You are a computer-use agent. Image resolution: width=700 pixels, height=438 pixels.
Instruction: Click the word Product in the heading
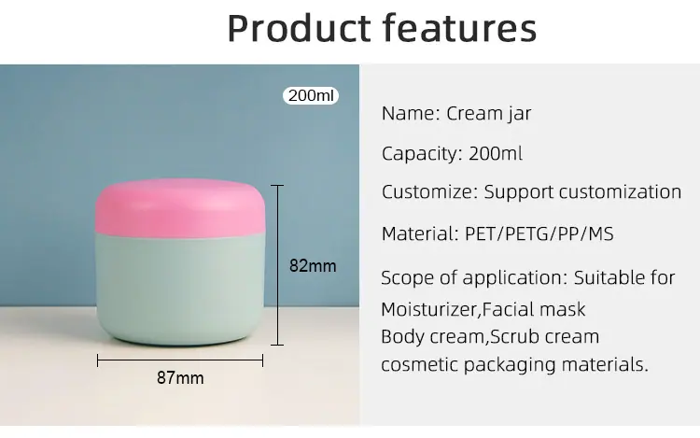tap(299, 29)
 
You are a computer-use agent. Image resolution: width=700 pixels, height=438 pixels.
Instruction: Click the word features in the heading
tap(460, 29)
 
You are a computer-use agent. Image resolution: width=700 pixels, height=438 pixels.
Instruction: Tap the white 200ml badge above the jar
tap(311, 95)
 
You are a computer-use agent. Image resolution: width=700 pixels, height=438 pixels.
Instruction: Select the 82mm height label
tap(313, 265)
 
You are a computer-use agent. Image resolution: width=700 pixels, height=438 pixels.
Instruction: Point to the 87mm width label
tap(180, 377)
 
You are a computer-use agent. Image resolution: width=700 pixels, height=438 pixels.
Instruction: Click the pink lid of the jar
tap(180, 207)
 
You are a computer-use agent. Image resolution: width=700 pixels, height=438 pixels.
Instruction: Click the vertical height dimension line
tap(277, 265)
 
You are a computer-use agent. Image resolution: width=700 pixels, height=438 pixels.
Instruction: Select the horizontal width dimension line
tap(180, 360)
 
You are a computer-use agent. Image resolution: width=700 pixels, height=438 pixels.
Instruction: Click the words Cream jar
tap(489, 113)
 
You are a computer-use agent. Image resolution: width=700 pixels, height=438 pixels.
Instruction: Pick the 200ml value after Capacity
tap(496, 153)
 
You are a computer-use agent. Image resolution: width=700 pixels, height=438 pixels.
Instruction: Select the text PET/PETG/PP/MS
tap(539, 234)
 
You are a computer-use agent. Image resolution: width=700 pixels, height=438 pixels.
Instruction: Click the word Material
tap(420, 234)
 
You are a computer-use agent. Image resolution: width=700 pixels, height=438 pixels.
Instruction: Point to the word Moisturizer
tap(429, 309)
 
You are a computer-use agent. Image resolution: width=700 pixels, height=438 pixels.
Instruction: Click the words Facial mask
tap(534, 309)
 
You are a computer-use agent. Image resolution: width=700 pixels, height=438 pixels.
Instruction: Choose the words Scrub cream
tap(545, 336)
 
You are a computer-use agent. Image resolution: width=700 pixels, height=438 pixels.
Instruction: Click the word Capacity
tap(422, 154)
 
